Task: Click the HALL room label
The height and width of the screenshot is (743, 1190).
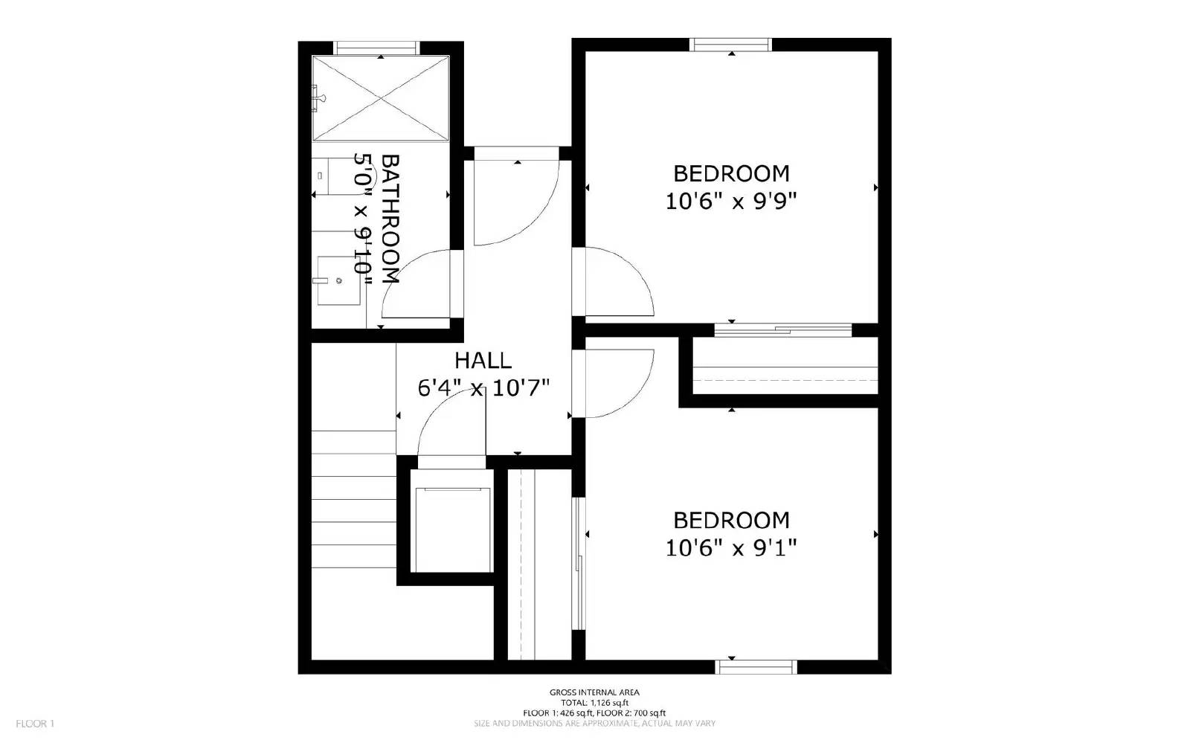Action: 483,361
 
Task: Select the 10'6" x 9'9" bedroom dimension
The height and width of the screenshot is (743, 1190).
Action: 731,202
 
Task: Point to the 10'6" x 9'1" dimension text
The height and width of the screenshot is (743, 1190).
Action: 731,548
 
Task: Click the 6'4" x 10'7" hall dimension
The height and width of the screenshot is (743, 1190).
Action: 483,388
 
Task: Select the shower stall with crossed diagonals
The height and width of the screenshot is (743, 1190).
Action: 381,97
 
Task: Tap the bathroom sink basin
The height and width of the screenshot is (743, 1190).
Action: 338,280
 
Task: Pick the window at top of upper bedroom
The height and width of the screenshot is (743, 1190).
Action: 731,45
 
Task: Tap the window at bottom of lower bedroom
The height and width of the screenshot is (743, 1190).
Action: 756,666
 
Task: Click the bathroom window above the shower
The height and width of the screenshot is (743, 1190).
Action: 376,48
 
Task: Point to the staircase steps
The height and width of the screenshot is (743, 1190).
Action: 353,498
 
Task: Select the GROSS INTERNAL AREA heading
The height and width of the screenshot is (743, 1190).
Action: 594,692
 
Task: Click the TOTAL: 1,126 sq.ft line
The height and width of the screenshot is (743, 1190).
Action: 594,703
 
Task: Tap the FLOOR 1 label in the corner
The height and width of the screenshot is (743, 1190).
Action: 35,724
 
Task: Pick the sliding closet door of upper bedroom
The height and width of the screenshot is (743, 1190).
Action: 782,329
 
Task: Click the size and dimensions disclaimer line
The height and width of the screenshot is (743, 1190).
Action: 594,724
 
